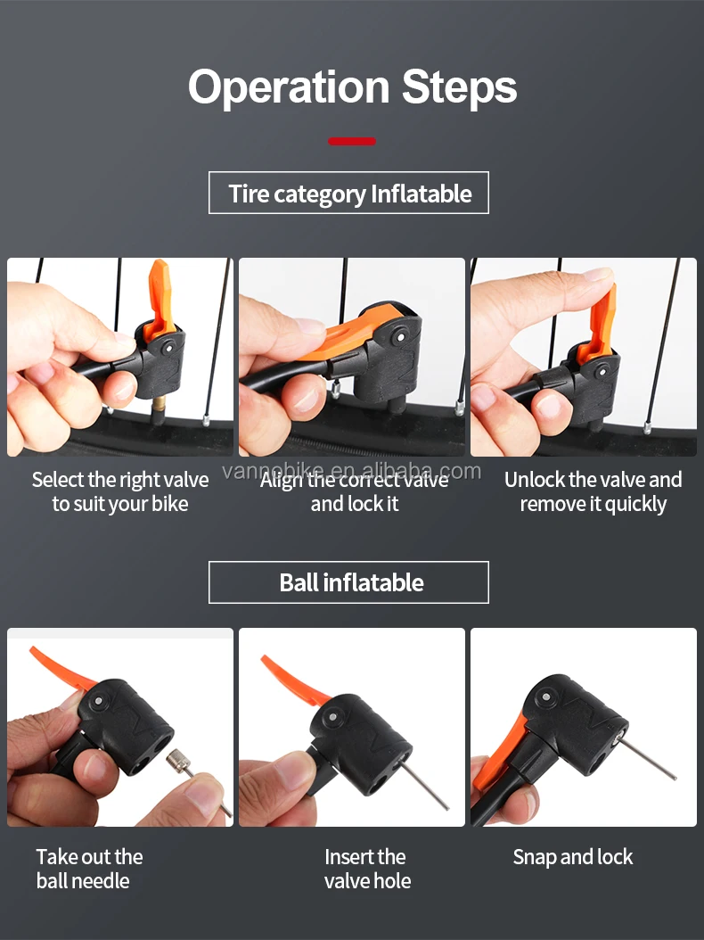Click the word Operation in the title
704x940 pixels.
[x=287, y=87]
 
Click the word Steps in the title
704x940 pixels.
[x=459, y=87]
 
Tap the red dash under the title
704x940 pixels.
[x=351, y=141]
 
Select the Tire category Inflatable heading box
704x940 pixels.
[x=348, y=194]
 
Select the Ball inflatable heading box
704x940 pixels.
[x=348, y=582]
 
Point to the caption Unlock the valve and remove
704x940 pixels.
[x=593, y=491]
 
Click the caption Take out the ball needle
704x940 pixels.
[x=89, y=869]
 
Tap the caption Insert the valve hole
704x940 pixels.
[x=366, y=869]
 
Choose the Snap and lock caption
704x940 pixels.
[x=572, y=857]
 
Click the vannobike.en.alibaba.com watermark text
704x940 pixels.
[x=351, y=470]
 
